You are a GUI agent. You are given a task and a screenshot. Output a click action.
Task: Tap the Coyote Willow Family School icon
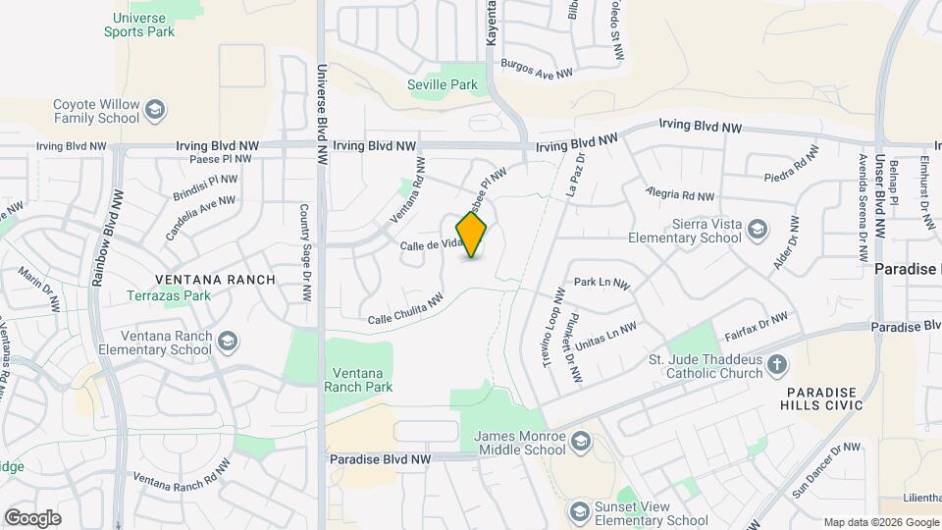click(x=154, y=111)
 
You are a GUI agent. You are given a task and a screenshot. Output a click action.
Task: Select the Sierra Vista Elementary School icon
click(x=757, y=230)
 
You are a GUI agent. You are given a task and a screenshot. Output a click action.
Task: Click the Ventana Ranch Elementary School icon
click(x=227, y=343)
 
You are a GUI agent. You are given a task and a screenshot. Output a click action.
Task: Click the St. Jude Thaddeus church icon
click(x=777, y=366)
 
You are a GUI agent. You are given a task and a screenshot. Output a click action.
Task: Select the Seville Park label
click(x=443, y=84)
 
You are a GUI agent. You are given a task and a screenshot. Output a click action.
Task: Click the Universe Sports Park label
click(x=139, y=25)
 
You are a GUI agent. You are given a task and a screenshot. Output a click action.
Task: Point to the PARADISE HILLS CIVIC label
click(x=822, y=398)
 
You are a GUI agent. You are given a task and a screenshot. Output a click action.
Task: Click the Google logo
click(x=32, y=518)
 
